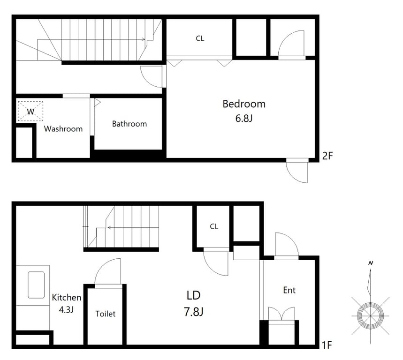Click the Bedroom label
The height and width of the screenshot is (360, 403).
tap(244, 104)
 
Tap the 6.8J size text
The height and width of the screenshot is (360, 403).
tap(244, 119)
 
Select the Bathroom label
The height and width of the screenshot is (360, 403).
tap(129, 124)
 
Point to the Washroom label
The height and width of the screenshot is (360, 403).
tap(63, 128)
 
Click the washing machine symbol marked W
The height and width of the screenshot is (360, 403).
tap(30, 111)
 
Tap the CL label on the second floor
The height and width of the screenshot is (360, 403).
tap(200, 38)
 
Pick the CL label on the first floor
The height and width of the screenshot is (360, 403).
tap(214, 226)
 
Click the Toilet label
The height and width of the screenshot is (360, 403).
tap(106, 314)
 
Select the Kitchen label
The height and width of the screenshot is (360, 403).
tap(67, 297)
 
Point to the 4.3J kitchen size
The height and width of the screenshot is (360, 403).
tap(66, 310)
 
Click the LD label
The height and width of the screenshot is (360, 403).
tap(194, 296)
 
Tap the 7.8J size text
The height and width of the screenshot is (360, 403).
tap(194, 312)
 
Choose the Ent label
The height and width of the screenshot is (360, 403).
tap(289, 290)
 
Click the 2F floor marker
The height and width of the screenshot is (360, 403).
tap(327, 156)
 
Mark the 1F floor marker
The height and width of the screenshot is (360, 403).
tap(327, 345)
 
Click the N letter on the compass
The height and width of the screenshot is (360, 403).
tap(371, 263)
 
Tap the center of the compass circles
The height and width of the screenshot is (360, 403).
tap(370, 315)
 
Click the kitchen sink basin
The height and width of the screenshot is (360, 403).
tap(36, 285)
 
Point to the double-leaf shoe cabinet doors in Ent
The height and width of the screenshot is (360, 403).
tap(281, 314)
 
